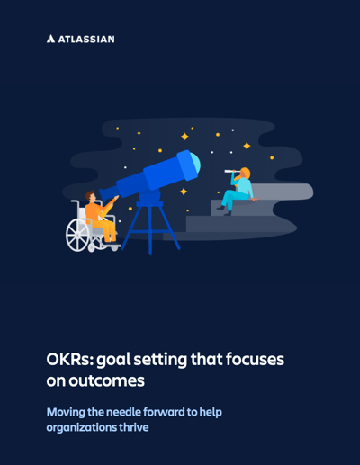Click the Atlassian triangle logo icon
(x=50, y=39)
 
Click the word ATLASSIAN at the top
(x=86, y=40)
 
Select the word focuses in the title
(x=255, y=359)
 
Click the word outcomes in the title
(x=107, y=380)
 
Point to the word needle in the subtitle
(x=123, y=412)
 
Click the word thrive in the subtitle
(x=134, y=427)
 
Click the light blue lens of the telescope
(x=195, y=164)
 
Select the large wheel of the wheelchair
(x=77, y=235)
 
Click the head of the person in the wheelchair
(x=91, y=197)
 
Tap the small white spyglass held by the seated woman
(x=232, y=172)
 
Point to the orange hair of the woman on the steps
(x=245, y=174)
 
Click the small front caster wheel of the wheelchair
(x=114, y=247)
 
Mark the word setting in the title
(x=160, y=360)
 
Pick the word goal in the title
(x=114, y=360)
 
